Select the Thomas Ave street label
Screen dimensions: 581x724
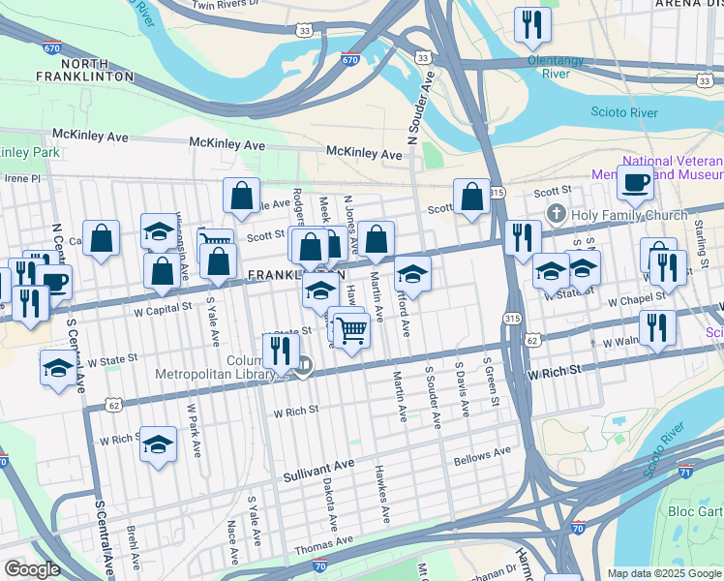click(x=317, y=547)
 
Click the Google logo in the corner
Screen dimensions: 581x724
click(x=33, y=569)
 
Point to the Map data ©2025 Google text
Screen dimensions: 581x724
click(x=664, y=573)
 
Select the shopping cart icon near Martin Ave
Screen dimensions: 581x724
click(x=351, y=331)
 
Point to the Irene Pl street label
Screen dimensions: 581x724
click(x=21, y=178)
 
